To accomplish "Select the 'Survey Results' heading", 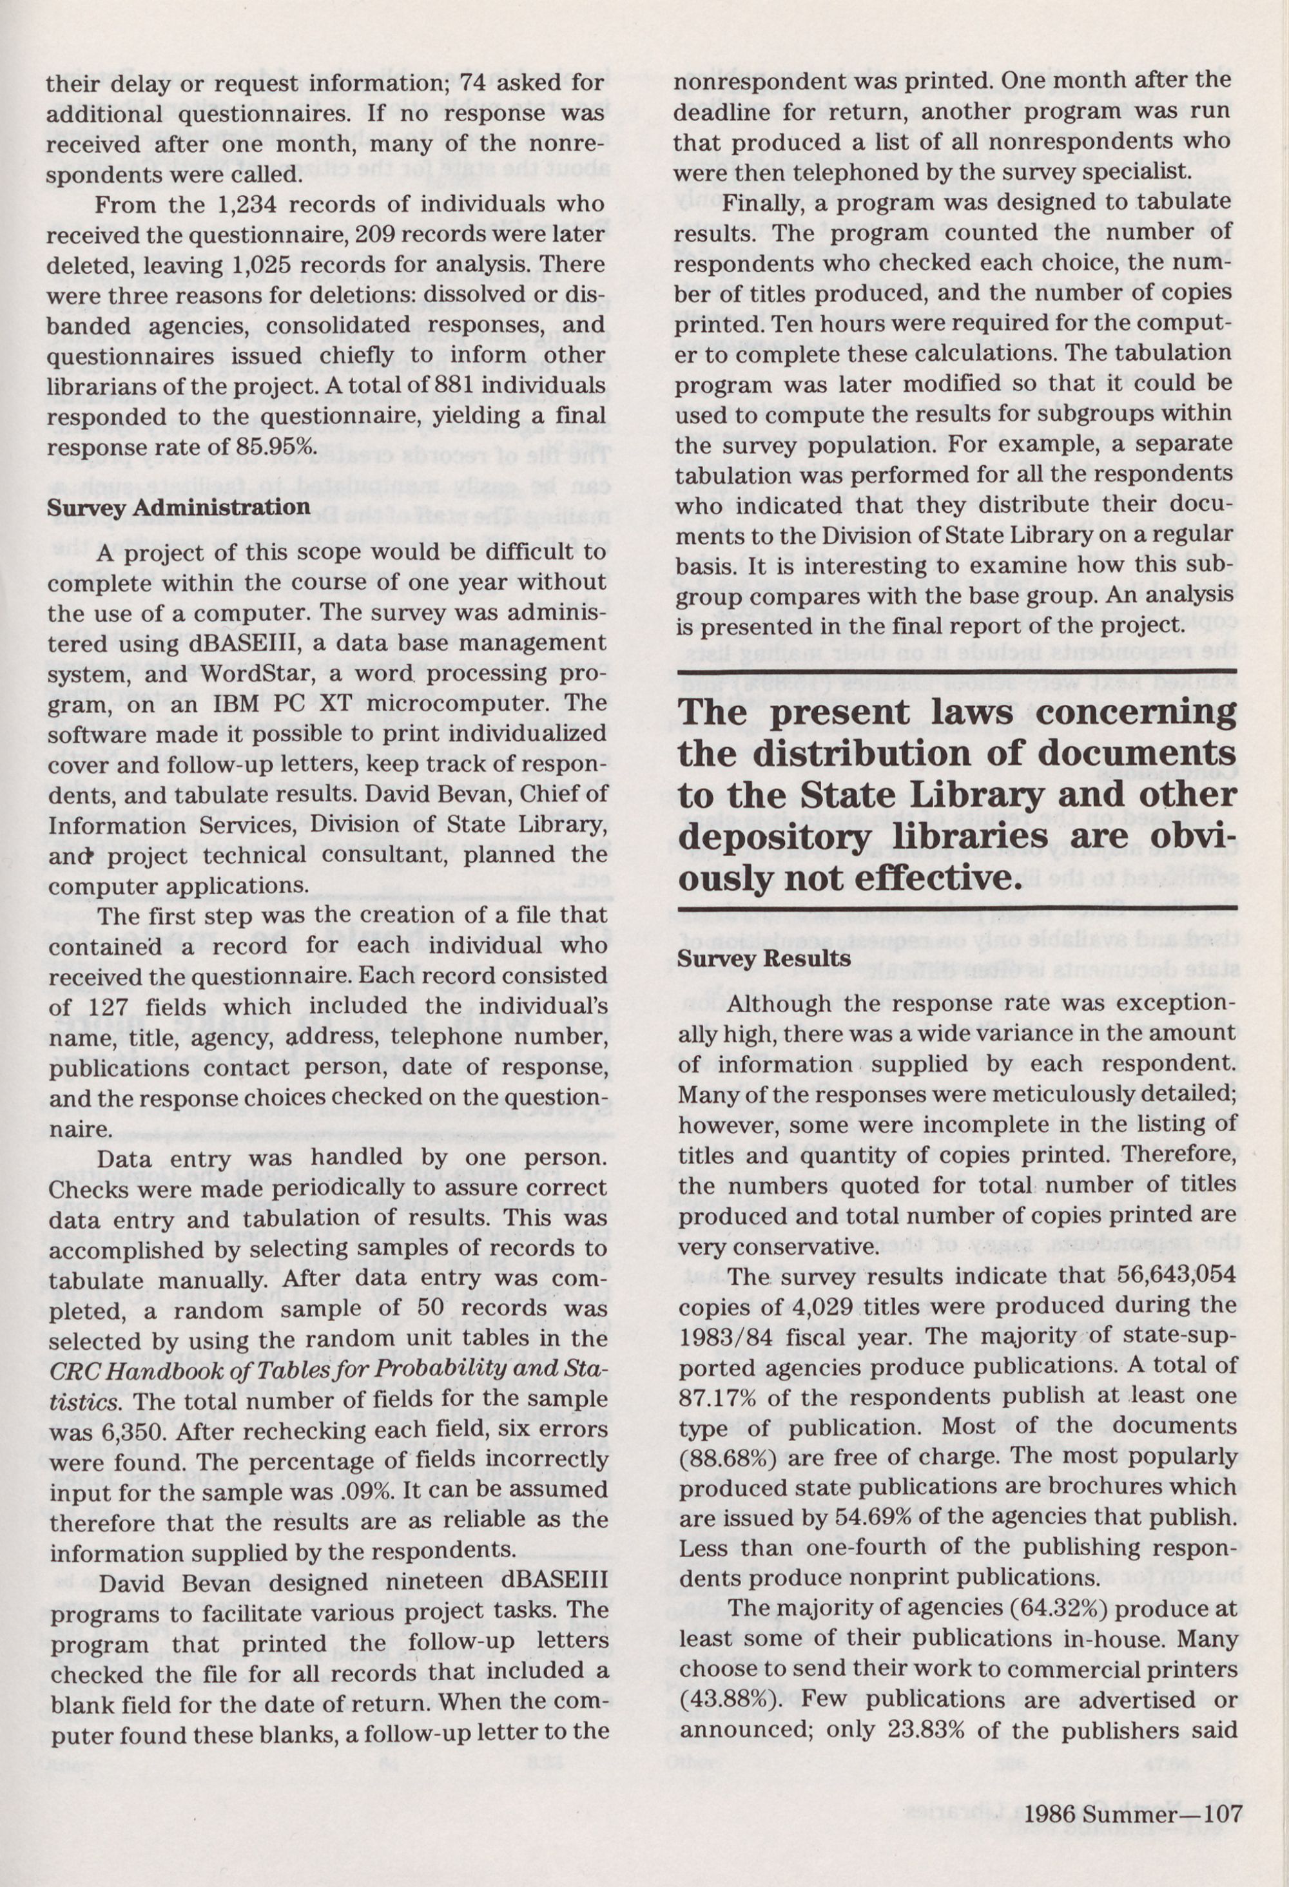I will point(764,958).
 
